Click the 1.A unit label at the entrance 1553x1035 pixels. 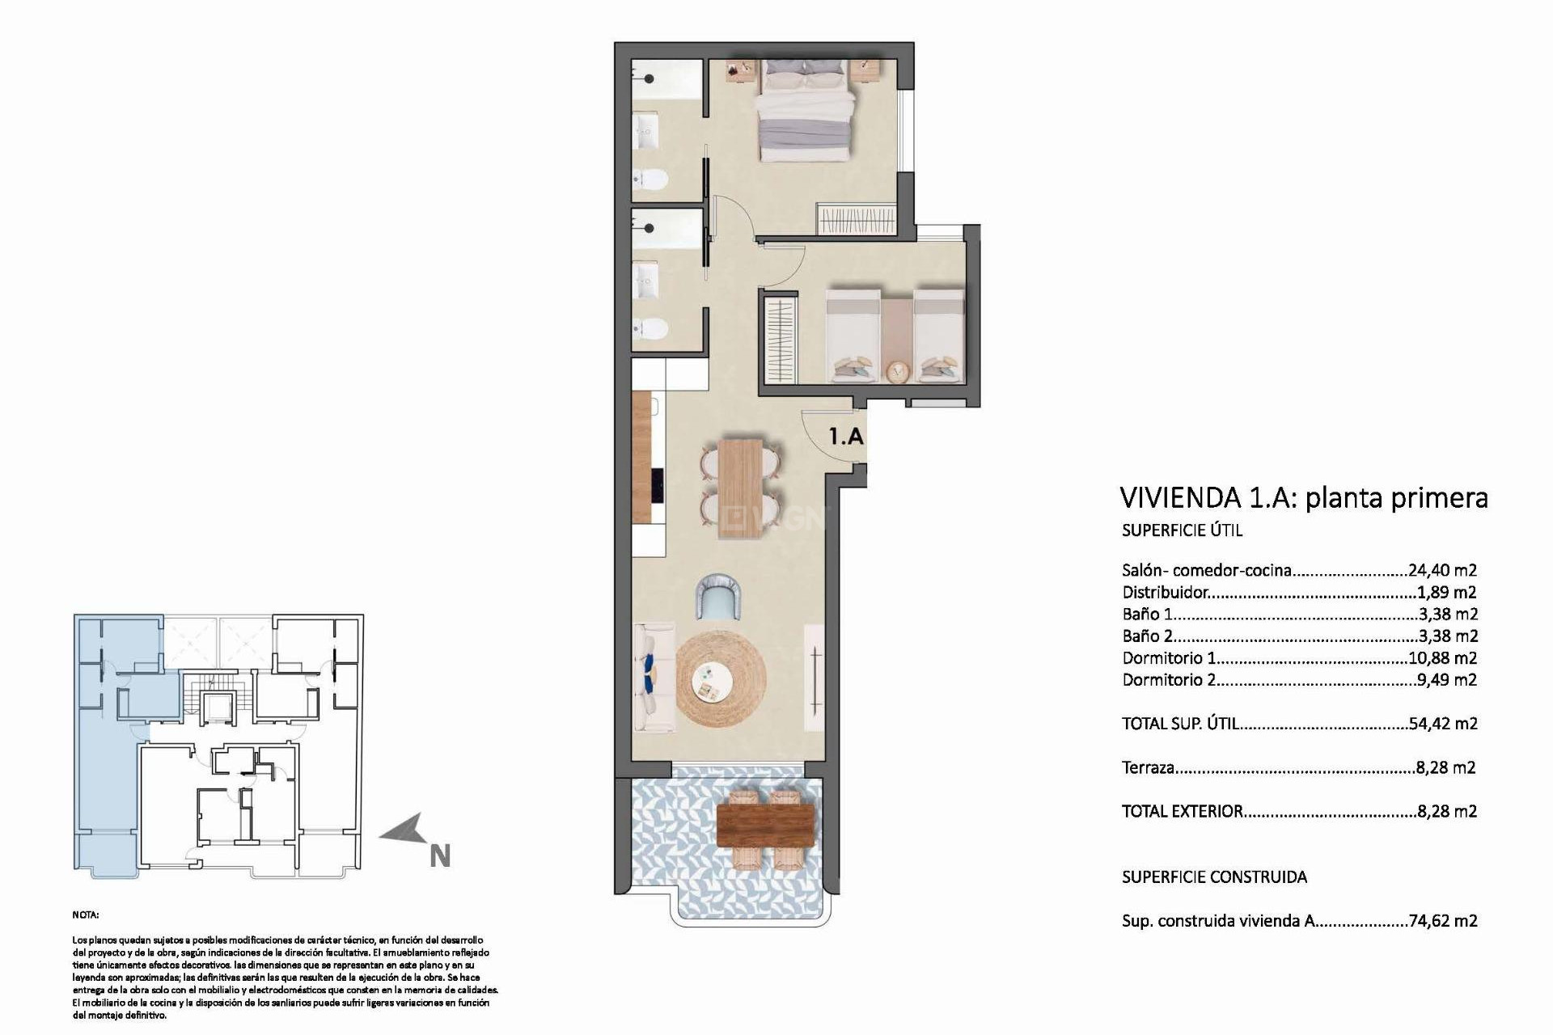click(846, 437)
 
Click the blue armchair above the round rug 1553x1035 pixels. click(719, 597)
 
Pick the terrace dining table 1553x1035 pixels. click(765, 826)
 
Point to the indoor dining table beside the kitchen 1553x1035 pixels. click(739, 488)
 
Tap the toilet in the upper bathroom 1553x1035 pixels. click(650, 178)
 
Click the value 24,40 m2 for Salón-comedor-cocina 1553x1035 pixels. click(1442, 570)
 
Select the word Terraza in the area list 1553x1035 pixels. click(1148, 767)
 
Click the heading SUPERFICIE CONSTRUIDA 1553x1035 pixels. click(1213, 877)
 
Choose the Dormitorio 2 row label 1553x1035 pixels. click(1168, 680)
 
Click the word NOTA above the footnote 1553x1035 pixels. click(85, 915)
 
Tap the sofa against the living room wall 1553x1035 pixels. click(654, 678)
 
